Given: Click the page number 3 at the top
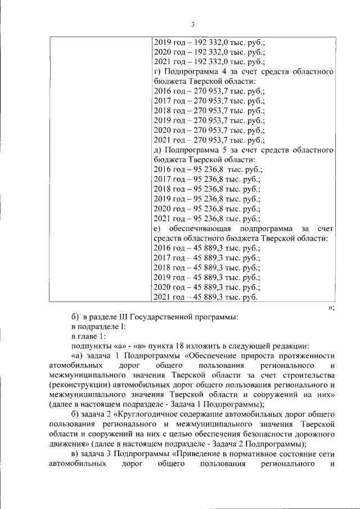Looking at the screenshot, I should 192,24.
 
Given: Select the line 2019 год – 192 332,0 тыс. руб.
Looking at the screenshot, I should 209,42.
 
